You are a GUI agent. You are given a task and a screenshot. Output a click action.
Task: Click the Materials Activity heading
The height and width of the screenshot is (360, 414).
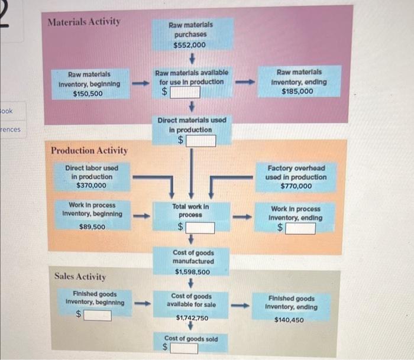tap(84, 22)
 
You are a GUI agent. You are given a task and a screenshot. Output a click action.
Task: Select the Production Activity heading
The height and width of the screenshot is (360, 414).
tap(89, 151)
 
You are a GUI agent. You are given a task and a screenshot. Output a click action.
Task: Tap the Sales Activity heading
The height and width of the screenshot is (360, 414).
tap(80, 276)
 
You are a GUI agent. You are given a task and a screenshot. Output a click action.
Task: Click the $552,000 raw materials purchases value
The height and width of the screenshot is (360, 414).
tap(190, 45)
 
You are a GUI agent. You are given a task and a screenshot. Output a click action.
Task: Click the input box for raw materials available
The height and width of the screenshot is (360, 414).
tap(186, 92)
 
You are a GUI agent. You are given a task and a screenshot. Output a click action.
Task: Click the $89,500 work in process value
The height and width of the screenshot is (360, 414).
tap(92, 227)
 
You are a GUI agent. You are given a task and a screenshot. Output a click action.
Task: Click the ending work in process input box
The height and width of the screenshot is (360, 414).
tap(300, 228)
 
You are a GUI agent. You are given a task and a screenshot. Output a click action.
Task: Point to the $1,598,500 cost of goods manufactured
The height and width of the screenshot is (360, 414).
tap(192, 272)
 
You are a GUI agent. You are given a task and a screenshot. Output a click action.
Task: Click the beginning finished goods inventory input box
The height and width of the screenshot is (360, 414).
tap(97, 316)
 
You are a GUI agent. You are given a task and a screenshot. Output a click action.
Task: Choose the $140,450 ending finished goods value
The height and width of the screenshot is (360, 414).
tap(289, 320)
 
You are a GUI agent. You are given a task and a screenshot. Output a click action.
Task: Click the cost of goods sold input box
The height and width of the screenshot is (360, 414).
tap(185, 348)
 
